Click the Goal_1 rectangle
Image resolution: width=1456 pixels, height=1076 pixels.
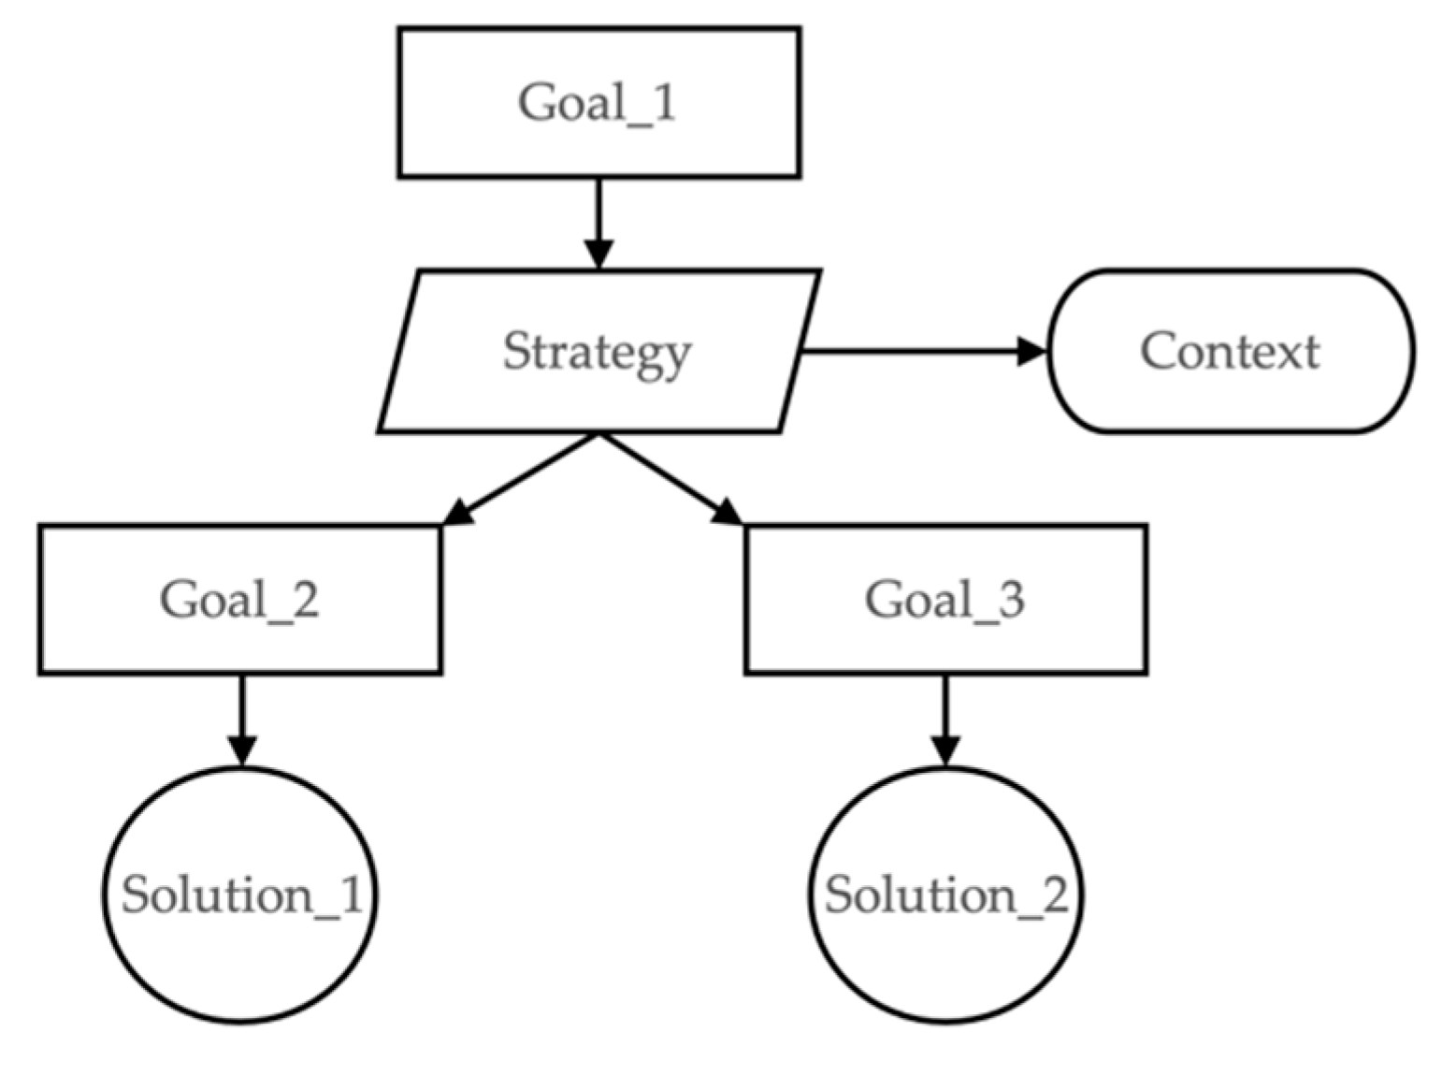[x=598, y=102]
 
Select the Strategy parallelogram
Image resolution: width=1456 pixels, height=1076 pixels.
[x=598, y=352]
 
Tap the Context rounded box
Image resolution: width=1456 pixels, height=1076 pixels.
[x=1231, y=352]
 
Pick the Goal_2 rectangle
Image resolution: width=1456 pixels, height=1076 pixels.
[x=240, y=599]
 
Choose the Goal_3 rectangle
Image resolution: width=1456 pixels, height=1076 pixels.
[x=945, y=599]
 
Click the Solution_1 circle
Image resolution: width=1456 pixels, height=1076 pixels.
[x=240, y=894]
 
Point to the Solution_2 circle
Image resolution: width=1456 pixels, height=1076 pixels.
[x=945, y=894]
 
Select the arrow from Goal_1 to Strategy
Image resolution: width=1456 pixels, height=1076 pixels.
[x=598, y=215]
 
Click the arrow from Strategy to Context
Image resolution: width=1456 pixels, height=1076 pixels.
[x=916, y=352]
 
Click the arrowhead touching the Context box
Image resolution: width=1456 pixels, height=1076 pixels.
[x=1033, y=352]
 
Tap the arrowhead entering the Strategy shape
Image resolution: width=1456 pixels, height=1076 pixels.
[x=598, y=254]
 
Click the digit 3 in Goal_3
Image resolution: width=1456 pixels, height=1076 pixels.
[x=1010, y=599]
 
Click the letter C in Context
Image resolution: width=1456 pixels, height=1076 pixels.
[x=1156, y=352]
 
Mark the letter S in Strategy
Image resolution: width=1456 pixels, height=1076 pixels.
[x=517, y=352]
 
